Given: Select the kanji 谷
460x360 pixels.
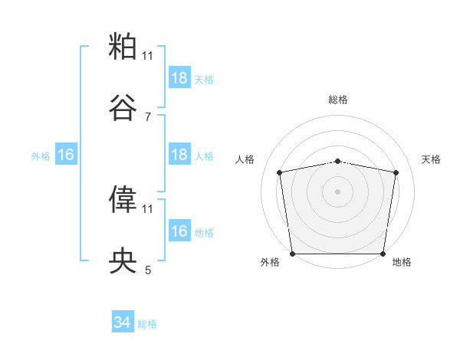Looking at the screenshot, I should pyautogui.click(x=123, y=109).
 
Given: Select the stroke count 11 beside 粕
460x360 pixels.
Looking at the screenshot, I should pyautogui.click(x=147, y=55).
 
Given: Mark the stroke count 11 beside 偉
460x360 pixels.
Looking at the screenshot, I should pyautogui.click(x=147, y=208).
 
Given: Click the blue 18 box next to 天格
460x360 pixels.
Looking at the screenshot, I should pyautogui.click(x=179, y=78).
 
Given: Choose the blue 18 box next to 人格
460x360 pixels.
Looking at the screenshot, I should pyautogui.click(x=179, y=155).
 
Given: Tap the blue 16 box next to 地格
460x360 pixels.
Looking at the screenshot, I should pyautogui.click(x=179, y=231).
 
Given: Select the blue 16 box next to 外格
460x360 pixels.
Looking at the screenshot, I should pyautogui.click(x=66, y=155).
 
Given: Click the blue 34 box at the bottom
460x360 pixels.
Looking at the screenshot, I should pyautogui.click(x=123, y=323).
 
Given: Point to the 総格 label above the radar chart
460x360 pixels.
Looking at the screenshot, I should pyautogui.click(x=338, y=100).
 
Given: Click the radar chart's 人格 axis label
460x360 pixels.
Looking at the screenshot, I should pyautogui.click(x=246, y=159).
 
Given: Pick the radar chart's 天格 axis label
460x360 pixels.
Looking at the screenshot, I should pyautogui.click(x=432, y=159).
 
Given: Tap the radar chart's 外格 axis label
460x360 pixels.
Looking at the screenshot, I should pyautogui.click(x=271, y=262).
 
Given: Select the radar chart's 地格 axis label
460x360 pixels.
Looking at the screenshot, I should pyautogui.click(x=402, y=262).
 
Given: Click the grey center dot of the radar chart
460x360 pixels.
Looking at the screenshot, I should pyautogui.click(x=338, y=191).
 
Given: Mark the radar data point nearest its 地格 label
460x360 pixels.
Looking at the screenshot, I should pyautogui.click(x=383, y=254).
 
